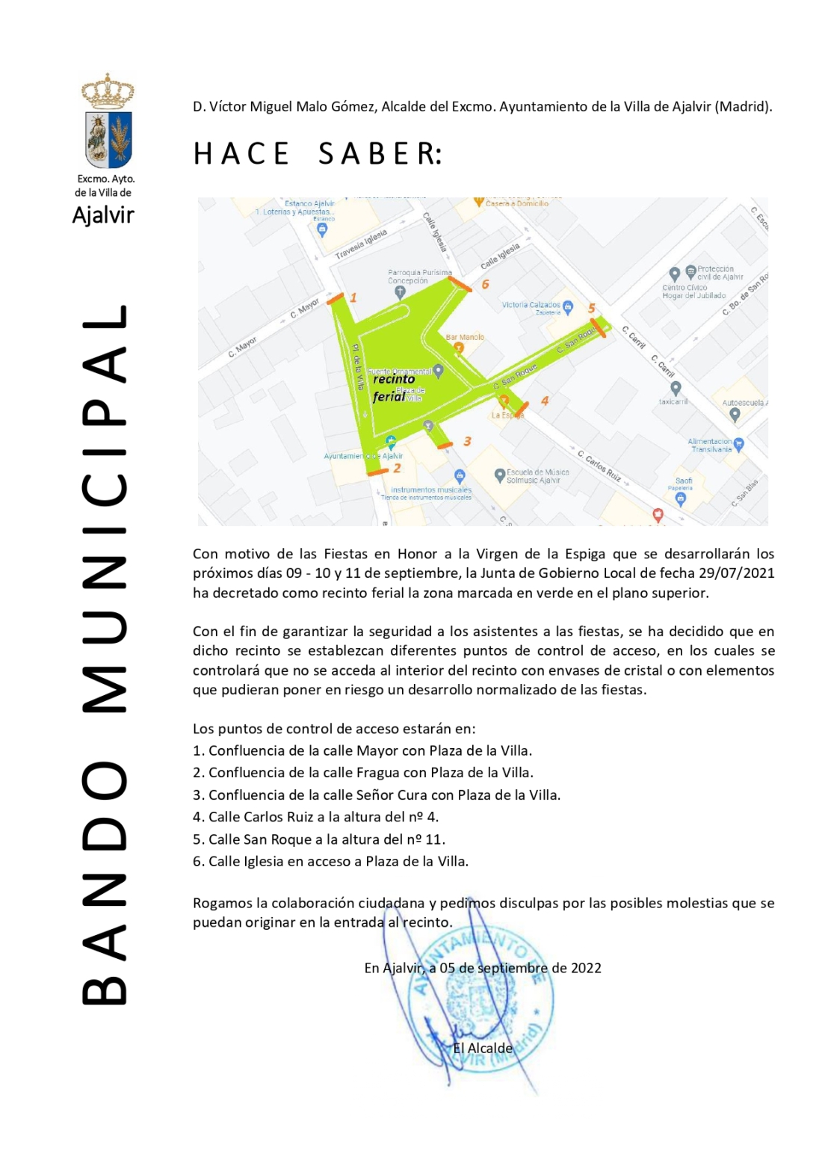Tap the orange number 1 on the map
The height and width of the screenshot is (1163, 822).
tap(353, 297)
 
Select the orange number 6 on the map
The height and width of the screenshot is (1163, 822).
tap(486, 284)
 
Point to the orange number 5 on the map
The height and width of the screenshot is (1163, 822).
tap(591, 308)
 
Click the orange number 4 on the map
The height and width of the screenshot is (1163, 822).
tap(545, 401)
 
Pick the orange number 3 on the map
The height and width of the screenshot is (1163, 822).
tap(467, 442)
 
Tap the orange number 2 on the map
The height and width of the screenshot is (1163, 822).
tap(397, 468)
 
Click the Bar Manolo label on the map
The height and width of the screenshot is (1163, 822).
tap(465, 338)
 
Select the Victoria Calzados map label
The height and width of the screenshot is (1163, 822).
tap(531, 305)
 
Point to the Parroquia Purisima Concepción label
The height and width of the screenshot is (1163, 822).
tap(419, 277)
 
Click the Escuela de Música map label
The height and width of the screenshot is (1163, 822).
tap(537, 476)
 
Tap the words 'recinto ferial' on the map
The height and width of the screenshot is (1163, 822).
tap(394, 388)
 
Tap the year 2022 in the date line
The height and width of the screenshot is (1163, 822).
tap(586, 968)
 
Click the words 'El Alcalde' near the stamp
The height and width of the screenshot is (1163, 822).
tap(483, 1048)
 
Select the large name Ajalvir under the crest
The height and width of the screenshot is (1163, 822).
tap(103, 215)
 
